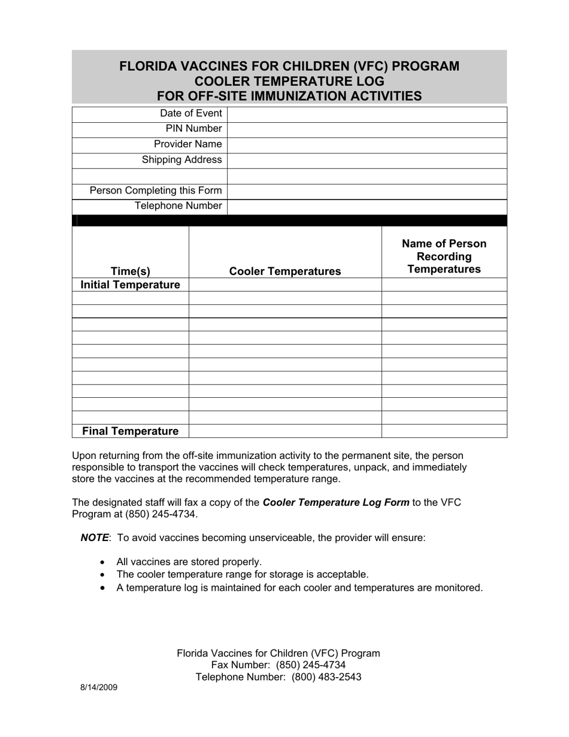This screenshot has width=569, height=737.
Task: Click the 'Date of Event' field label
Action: (x=190, y=114)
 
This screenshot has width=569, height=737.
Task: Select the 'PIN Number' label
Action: (x=193, y=129)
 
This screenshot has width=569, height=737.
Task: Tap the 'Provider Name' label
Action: (x=187, y=144)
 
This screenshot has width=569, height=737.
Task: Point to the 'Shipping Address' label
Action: (x=181, y=160)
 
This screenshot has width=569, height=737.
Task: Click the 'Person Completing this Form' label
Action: (x=156, y=191)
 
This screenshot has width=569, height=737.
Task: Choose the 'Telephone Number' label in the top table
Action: (x=178, y=206)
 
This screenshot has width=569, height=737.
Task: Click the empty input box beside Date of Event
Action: (x=367, y=114)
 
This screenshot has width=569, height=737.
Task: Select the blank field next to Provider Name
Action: (x=367, y=144)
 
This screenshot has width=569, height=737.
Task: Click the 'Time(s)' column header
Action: (x=131, y=271)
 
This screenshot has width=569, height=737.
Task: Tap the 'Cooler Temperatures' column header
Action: (x=285, y=271)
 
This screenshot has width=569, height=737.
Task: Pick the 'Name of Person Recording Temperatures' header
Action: (x=444, y=256)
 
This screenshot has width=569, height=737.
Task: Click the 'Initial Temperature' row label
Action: (x=131, y=285)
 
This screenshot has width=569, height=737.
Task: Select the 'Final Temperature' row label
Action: (x=130, y=431)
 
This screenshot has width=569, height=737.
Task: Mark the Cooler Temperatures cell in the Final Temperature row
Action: (x=285, y=431)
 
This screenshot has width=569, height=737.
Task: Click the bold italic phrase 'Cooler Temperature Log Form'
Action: (x=336, y=503)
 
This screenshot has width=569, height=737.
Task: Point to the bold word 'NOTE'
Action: (x=95, y=537)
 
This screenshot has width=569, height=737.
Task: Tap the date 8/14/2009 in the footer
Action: (x=99, y=688)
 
